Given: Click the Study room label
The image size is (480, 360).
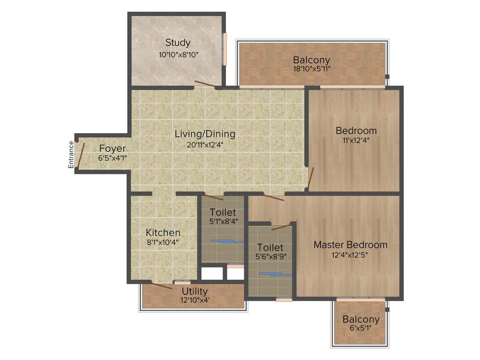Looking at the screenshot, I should pos(178,43).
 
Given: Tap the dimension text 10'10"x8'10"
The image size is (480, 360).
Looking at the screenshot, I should pos(178,55).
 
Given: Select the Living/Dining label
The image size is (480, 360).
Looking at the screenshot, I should pos(205,134).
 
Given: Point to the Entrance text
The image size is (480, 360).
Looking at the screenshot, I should pos(71,155).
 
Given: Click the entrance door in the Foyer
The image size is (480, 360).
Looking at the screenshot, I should pos(81,156).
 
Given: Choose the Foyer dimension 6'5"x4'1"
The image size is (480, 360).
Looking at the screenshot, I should pos(112,158).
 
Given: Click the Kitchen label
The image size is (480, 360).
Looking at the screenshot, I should pos(163,232).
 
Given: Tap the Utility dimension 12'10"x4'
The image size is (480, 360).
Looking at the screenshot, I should pos(195,300).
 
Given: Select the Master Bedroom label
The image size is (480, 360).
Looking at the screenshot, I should pos(350,245).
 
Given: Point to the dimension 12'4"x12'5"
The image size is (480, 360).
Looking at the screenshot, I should pos(350,256).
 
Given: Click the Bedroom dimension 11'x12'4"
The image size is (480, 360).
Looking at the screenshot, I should pos(356,140).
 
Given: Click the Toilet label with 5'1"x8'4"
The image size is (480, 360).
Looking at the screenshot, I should pos(223,212).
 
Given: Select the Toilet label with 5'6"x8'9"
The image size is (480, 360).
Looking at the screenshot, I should pos(270,247).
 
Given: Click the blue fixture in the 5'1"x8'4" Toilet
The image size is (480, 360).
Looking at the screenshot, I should pos(227,241).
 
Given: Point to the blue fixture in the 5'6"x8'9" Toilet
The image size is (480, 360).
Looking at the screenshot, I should pos(276,274).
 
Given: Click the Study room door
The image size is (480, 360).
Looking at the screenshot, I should pos(205,84).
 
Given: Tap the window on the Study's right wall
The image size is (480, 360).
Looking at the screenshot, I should pos(225,49).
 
